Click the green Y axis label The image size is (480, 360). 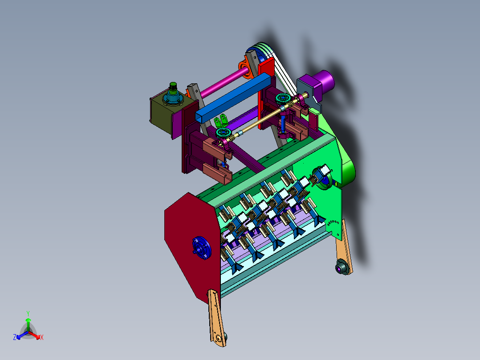click(28, 313)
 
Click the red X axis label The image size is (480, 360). click(42, 337)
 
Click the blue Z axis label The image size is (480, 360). click(14, 337)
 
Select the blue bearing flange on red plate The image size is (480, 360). click(201, 248)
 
